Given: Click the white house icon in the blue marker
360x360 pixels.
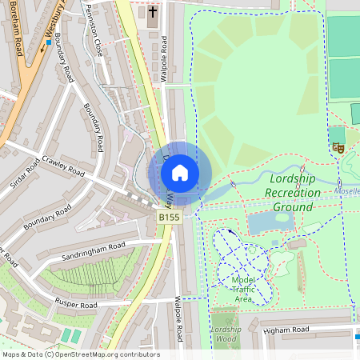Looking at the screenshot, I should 180,172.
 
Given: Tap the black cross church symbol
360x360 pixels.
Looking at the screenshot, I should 153,12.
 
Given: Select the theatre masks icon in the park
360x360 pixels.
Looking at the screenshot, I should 338,147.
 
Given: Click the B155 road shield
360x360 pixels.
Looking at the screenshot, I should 169,217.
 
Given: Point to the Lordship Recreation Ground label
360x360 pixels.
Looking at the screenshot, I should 293,193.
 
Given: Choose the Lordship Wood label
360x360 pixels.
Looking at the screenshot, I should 226,334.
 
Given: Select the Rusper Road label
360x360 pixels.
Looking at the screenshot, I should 77,304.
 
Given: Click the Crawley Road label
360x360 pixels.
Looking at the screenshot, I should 64,165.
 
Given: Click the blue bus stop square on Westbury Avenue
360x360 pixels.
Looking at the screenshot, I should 48,42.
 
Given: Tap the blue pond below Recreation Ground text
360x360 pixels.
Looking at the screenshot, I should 270,223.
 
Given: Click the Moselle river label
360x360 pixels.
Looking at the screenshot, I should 347,192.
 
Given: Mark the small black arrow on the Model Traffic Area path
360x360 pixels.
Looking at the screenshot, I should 232,232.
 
